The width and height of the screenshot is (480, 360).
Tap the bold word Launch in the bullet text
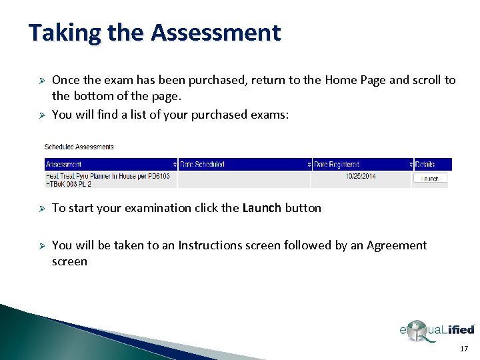262,208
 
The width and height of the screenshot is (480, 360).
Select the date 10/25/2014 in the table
361,177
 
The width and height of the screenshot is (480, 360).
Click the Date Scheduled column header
203,164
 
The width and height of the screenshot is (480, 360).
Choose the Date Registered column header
337,164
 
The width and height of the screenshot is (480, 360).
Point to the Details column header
425,164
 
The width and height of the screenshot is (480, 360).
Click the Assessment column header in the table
64,164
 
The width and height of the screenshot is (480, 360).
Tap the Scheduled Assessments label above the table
79,147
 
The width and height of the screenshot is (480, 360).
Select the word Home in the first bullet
340,80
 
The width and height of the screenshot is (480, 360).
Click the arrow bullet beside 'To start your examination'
40,208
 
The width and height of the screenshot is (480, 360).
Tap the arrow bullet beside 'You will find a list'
40,115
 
